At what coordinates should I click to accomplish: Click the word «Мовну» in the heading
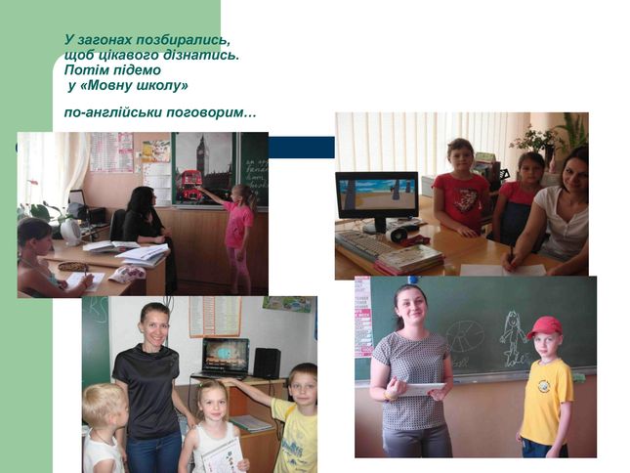point(106,86)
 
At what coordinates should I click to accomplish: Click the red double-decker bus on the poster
point(189,185)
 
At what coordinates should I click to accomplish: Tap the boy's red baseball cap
point(544,326)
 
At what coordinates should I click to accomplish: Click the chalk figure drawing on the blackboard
point(512,338)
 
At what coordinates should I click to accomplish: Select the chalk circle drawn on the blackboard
point(464,337)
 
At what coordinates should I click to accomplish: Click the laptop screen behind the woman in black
point(226,355)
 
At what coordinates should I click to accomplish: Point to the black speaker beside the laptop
point(267,363)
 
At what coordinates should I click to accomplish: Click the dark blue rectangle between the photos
point(302,148)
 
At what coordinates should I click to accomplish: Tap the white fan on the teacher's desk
point(71,232)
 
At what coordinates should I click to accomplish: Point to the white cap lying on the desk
point(127,274)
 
